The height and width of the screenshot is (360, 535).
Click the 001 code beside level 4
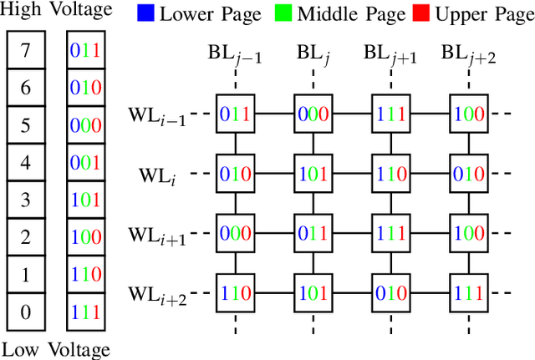click(85, 163)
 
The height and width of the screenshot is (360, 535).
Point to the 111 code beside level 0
click(85, 312)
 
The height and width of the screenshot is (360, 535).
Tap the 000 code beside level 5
click(85, 126)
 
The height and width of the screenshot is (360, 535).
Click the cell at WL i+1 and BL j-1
click(235, 233)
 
